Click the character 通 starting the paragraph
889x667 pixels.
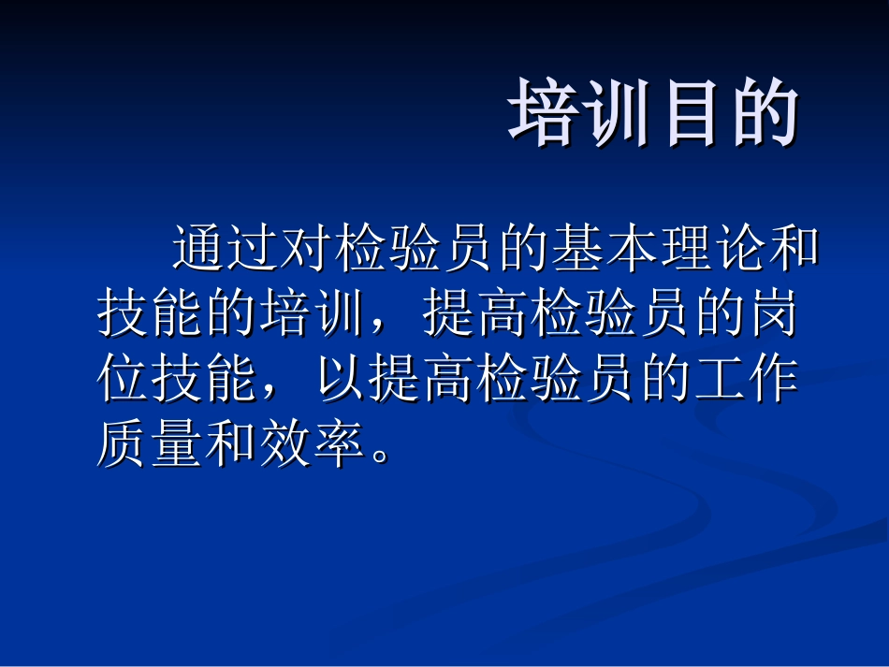(x=199, y=249)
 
